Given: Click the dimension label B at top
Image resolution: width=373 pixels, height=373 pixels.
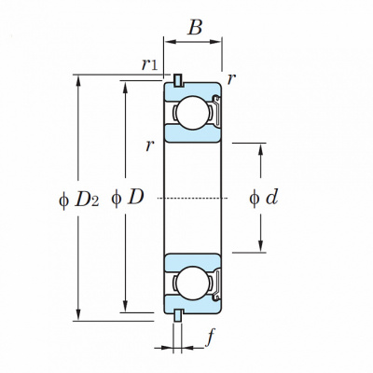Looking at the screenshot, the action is point(195,27).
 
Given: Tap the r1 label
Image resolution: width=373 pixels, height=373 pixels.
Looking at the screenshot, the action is point(149,64).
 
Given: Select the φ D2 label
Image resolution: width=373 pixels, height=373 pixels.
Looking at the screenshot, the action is point(79,200).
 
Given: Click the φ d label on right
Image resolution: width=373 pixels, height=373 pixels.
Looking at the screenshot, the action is point(263,198).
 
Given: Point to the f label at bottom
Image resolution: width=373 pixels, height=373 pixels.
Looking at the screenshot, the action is point(211,338).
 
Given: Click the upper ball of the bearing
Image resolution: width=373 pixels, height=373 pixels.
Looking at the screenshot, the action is point(193,113).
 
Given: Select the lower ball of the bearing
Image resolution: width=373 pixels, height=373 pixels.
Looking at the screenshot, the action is point(193,283).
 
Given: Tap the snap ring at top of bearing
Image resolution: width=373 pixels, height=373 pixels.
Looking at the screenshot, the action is point(178,80).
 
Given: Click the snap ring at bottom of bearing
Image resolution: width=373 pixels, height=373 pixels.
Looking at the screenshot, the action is point(178,315).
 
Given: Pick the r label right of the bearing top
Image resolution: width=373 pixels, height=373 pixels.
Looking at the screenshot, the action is point(229,79).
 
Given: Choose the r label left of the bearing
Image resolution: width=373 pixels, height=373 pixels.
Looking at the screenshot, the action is point(150,145).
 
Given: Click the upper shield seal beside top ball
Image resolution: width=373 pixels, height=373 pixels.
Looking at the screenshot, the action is point(216,112).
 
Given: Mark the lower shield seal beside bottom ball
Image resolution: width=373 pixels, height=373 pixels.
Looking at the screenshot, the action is point(216,283).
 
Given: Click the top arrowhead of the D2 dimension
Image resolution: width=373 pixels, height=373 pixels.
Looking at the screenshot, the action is point(78,80).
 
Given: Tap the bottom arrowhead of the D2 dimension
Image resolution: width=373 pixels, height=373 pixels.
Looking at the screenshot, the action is point(78,315).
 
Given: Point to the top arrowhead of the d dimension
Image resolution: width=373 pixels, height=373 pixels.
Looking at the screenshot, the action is point(261,149).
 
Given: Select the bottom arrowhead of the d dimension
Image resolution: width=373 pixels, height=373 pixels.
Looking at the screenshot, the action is point(261,246).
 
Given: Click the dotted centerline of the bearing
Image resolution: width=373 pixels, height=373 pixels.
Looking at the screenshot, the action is point(193,198).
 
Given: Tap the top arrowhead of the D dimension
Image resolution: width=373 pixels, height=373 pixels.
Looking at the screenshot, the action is point(126,87).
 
